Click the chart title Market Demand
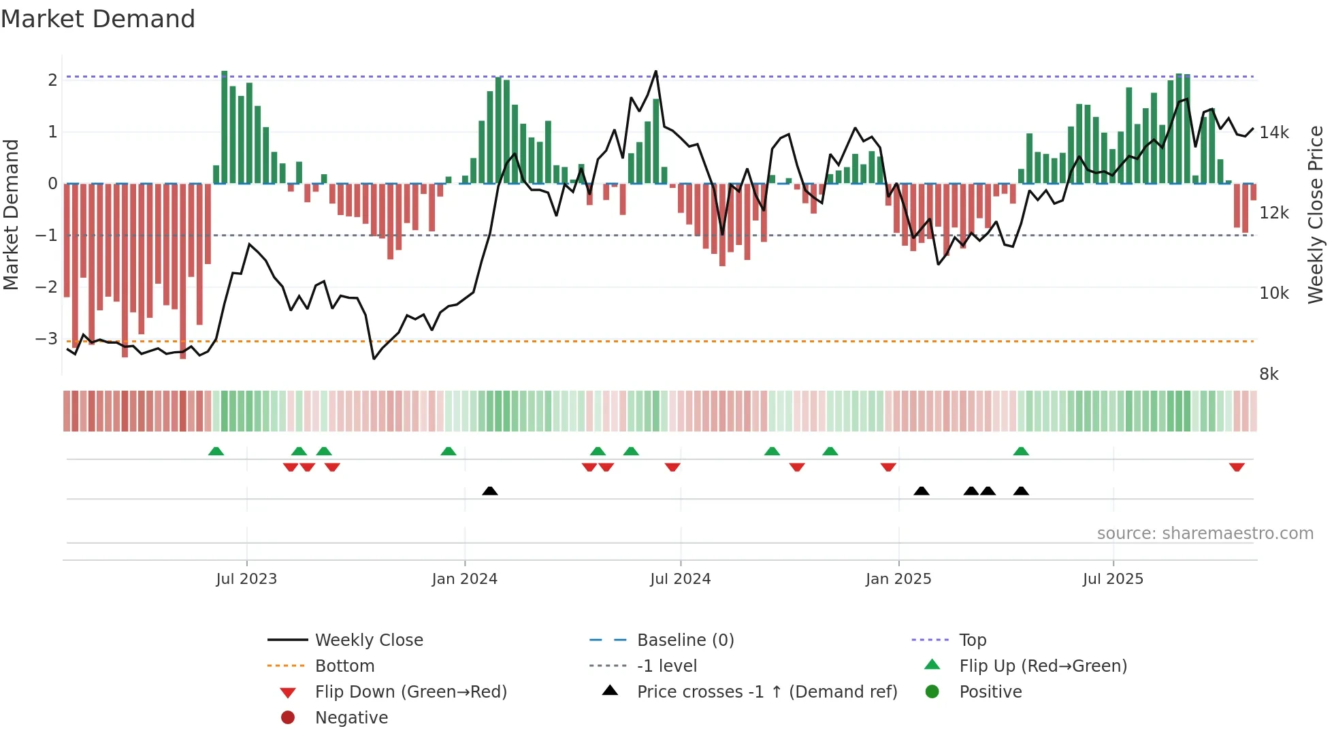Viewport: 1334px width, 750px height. coord(98,19)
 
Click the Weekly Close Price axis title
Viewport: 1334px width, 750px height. coord(1316,214)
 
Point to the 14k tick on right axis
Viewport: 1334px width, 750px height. coord(1273,133)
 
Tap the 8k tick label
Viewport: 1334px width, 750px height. coord(1269,374)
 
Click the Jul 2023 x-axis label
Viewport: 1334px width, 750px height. coord(246,579)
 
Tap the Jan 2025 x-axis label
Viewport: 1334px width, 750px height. coord(898,579)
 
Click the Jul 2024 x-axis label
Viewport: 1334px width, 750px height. coord(680,579)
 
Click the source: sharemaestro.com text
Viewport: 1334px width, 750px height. coord(1205,534)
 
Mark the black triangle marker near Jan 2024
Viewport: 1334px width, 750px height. coord(489,491)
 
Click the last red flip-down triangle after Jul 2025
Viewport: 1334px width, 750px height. coord(1237,467)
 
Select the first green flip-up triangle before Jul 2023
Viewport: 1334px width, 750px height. coord(216,451)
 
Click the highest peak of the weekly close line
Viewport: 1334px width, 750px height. coord(655,71)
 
